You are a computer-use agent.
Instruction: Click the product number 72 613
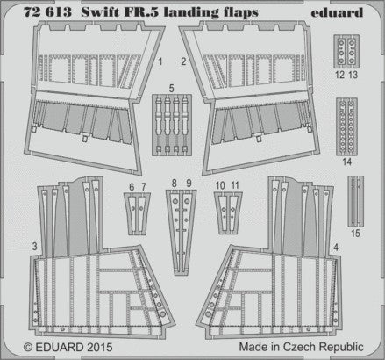(47, 12)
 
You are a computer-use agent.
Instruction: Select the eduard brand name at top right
(337, 12)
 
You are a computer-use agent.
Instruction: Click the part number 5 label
(172, 89)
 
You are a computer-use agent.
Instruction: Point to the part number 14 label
(347, 162)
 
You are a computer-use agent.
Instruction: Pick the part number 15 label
(355, 234)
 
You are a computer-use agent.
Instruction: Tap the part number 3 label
(35, 246)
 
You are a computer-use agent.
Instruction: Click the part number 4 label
(336, 248)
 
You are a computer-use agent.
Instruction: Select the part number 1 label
(160, 61)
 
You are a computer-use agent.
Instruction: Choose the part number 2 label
(183, 61)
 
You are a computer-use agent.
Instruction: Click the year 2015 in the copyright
(99, 347)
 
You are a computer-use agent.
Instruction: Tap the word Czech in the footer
(301, 347)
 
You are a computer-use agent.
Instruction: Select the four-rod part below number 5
(172, 125)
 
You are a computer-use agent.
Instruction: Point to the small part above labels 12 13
(346, 52)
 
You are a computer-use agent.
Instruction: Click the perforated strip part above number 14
(346, 126)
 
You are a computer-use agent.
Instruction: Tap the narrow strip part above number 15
(356, 201)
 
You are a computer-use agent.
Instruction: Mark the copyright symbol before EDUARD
(28, 347)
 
